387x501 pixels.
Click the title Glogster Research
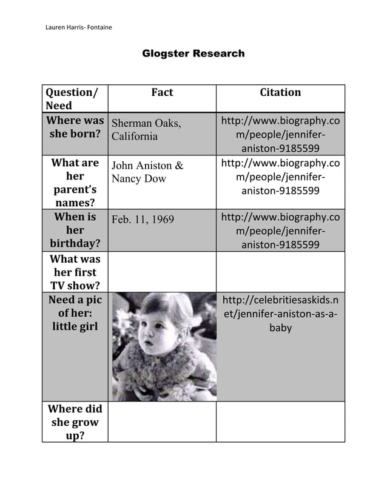click(193, 53)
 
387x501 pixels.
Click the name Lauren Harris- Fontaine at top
click(79, 27)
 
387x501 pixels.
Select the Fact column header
click(162, 92)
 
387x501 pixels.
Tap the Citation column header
click(280, 92)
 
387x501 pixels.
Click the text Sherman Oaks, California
click(146, 130)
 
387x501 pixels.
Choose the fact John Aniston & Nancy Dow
click(147, 172)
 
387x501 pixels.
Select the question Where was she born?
click(75, 127)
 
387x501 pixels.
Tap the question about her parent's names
click(75, 182)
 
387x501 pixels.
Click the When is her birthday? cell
click(75, 230)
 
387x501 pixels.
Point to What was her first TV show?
click(75, 272)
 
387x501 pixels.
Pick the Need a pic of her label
click(75, 313)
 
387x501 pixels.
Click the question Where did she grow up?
click(75, 422)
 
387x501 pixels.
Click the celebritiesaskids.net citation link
click(280, 314)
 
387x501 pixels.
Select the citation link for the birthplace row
click(280, 134)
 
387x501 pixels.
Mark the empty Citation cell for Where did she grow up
click(280, 422)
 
